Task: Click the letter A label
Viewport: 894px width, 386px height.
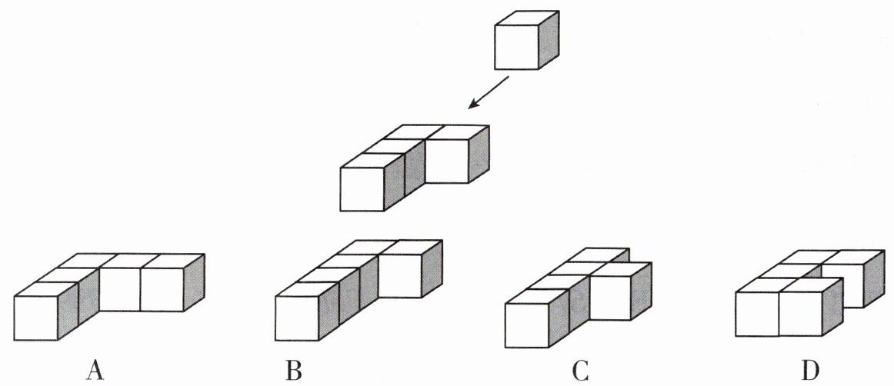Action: coord(95,371)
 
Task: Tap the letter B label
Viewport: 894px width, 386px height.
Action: coord(294,371)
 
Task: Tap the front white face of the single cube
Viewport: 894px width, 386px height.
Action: coord(515,48)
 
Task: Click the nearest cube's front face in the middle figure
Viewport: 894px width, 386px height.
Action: coord(362,188)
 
